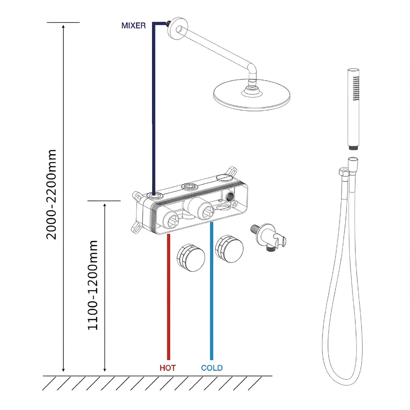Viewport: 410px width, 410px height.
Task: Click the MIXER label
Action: pyautogui.click(x=133, y=25)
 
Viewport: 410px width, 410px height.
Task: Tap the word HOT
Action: pyautogui.click(x=168, y=368)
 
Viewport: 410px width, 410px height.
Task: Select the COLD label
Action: pyautogui.click(x=212, y=368)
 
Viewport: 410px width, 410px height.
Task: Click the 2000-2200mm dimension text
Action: pyautogui.click(x=52, y=194)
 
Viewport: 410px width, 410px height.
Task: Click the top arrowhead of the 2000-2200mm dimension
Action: pyautogui.click(x=63, y=27)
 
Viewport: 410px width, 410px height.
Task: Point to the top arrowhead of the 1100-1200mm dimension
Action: pyautogui.click(x=105, y=205)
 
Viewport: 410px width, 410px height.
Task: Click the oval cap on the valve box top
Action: pyautogui.click(x=223, y=178)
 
